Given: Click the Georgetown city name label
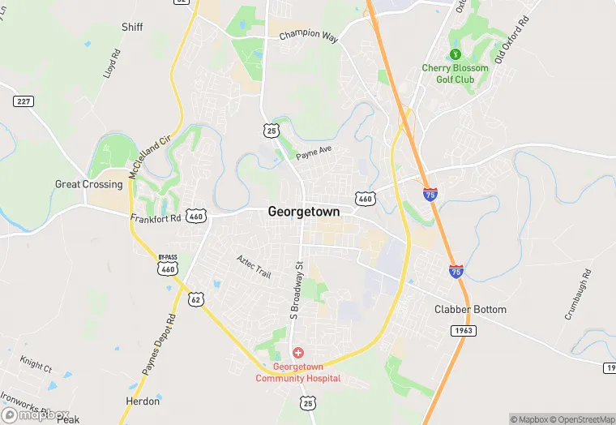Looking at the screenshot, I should [304, 211].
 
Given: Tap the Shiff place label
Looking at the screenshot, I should [132, 27].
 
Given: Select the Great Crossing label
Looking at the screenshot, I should [89, 184].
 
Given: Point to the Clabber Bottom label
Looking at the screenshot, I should [470, 310].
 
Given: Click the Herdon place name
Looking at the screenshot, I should [143, 401].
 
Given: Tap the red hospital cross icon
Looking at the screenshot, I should [298, 353].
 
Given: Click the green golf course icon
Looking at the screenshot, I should [455, 54].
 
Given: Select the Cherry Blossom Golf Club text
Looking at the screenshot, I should [455, 74].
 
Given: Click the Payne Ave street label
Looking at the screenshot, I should [314, 154].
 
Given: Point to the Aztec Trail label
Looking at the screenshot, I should [254, 265].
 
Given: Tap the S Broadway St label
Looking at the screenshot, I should [296, 290].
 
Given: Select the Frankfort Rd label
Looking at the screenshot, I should [155, 219].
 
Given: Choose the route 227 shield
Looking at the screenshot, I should [23, 101].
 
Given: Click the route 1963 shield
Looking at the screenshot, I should [464, 332].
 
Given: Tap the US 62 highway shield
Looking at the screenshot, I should [195, 300].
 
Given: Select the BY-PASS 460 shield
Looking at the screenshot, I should [168, 265].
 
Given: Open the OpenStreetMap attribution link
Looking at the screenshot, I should [581, 419].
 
